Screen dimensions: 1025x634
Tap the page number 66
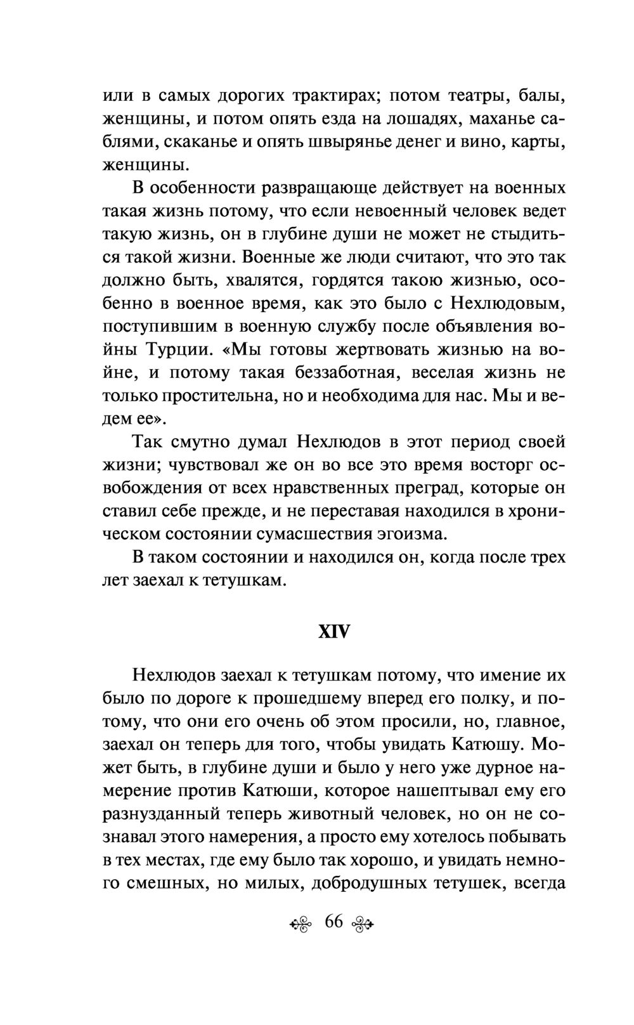tap(333, 922)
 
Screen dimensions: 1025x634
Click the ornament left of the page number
tap(302, 924)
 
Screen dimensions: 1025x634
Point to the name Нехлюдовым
tap(507, 303)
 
